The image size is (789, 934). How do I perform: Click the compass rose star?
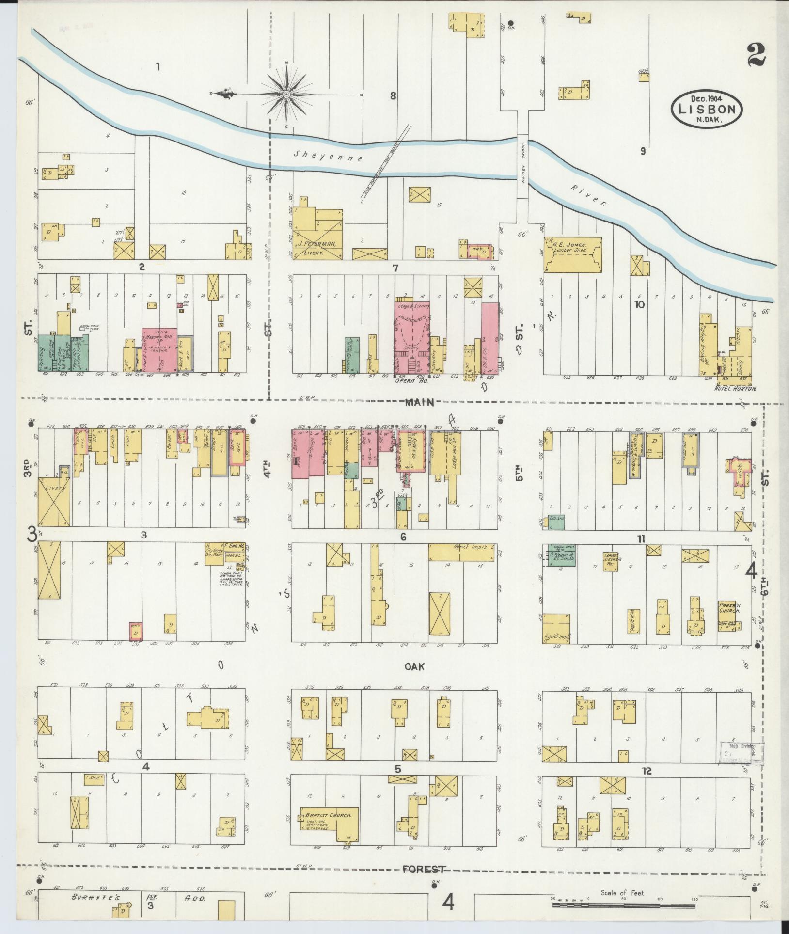click(286, 94)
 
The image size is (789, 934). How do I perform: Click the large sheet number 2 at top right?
click(757, 55)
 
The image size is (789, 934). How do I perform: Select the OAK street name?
click(414, 666)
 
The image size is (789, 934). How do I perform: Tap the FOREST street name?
click(424, 870)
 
